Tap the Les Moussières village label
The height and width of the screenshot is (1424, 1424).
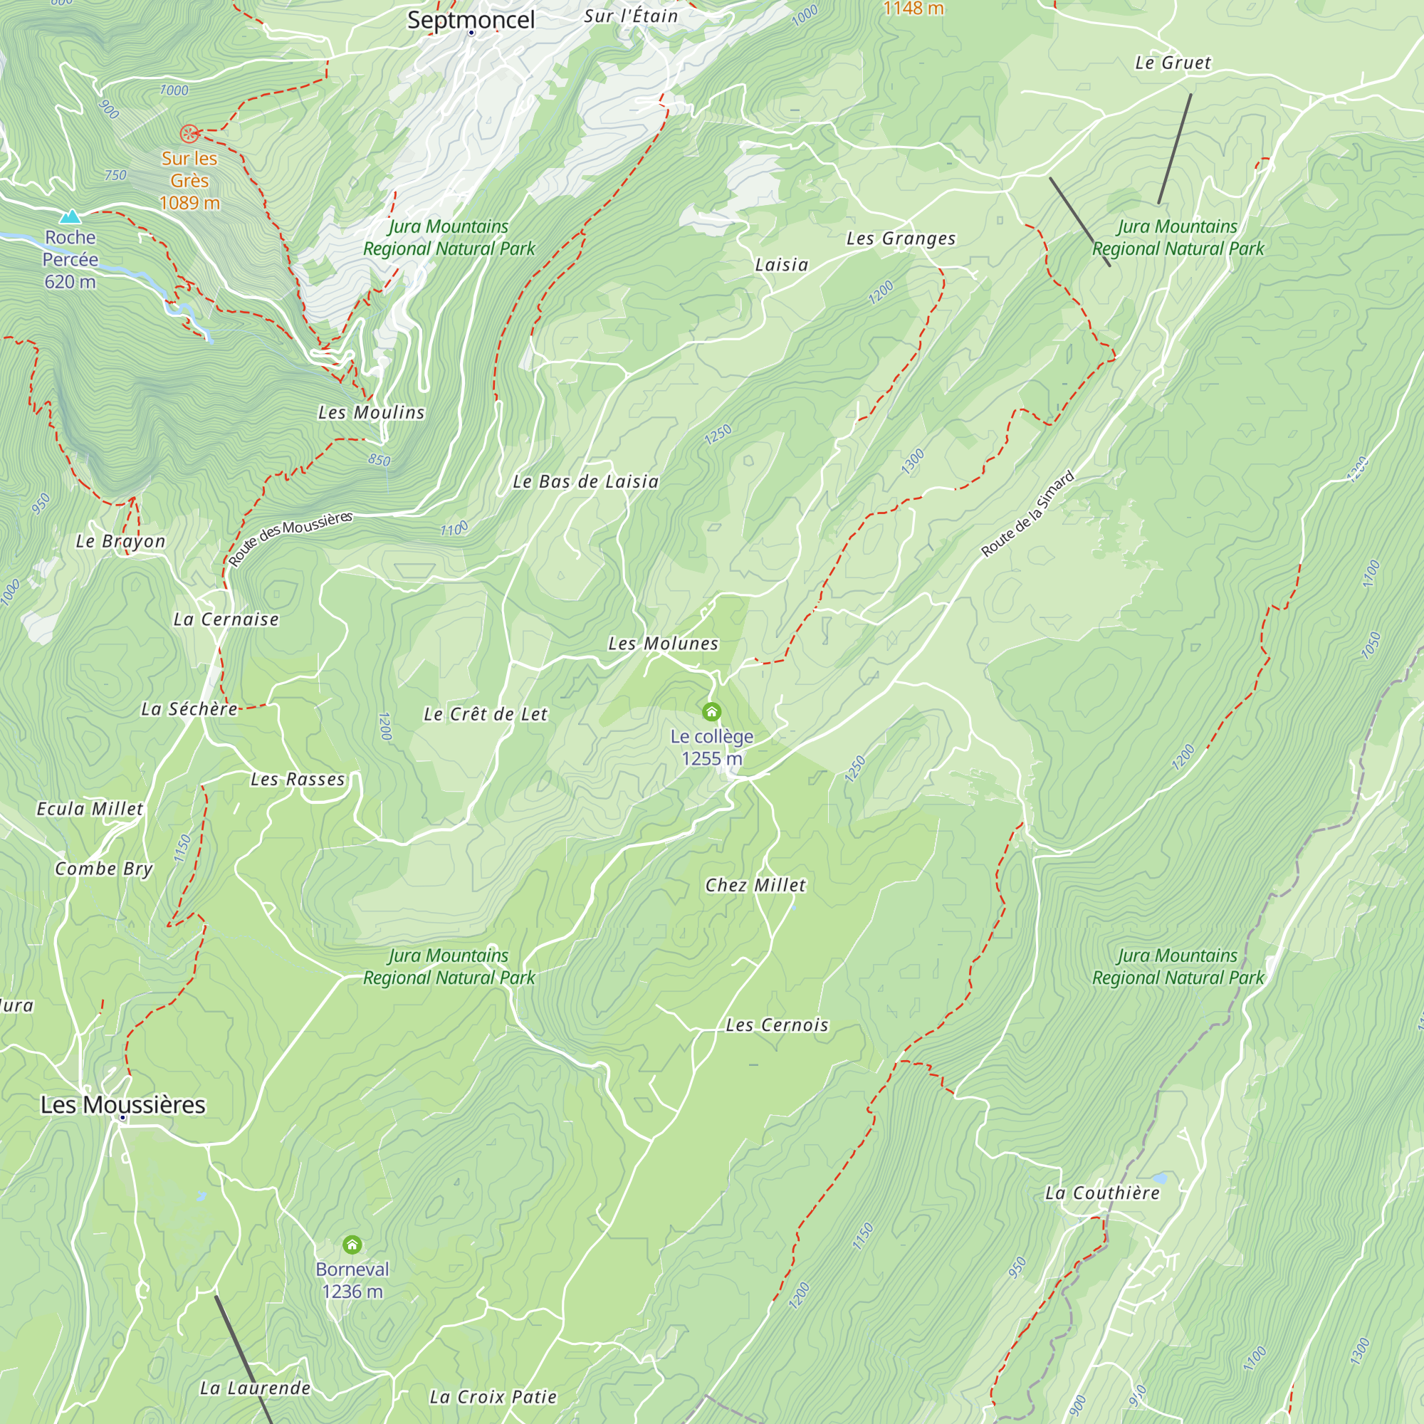point(122,1104)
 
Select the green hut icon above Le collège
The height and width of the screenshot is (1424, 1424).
point(711,711)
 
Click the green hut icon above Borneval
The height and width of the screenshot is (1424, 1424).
point(352,1245)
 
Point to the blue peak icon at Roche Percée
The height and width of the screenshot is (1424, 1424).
point(70,216)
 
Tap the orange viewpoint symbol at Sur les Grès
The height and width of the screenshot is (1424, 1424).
point(189,133)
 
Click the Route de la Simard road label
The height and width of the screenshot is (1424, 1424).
point(1027,514)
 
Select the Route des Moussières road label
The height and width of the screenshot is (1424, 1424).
point(290,540)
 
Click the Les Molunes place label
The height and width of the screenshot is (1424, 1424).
point(663,644)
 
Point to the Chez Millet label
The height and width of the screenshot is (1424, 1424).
point(755,885)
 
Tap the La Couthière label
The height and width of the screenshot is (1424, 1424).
point(1102,1193)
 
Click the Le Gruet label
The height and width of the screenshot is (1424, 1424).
point(1172,63)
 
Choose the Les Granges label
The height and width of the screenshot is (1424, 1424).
point(900,238)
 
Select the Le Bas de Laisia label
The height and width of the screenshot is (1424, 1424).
point(585,481)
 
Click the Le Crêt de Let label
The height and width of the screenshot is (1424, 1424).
point(485,714)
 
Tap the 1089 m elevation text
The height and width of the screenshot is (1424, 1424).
point(189,203)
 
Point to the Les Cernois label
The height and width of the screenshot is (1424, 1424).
point(777,1025)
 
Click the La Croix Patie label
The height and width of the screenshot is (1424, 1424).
point(493,1397)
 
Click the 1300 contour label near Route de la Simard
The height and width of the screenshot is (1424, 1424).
point(913,461)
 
